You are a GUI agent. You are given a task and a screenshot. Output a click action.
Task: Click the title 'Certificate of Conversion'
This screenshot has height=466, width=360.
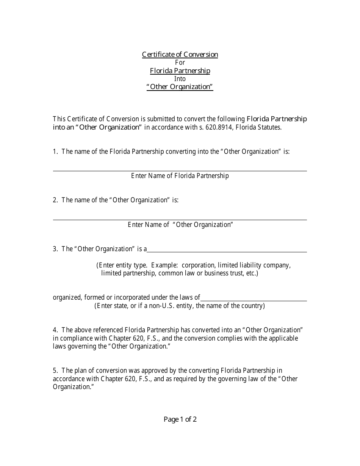click(180, 55)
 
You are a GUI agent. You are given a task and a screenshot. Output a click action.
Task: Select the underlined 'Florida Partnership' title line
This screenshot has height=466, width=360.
click(180, 71)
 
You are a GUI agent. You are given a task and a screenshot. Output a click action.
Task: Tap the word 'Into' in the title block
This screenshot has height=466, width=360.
click(180, 79)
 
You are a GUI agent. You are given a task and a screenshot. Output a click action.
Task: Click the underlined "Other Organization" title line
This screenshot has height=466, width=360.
click(180, 87)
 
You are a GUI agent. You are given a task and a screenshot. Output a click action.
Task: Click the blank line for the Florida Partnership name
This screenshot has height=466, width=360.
click(180, 168)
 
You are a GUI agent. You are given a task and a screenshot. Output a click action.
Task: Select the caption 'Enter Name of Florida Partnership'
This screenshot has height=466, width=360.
click(180, 176)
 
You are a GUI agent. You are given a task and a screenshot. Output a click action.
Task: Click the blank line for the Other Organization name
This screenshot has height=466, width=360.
click(180, 217)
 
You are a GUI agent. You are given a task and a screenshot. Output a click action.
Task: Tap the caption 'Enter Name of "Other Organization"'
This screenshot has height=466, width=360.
click(180, 225)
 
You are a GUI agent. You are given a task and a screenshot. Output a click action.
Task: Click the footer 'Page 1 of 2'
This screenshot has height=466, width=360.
click(180, 419)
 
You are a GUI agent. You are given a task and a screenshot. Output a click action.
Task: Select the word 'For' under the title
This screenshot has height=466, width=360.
click(180, 63)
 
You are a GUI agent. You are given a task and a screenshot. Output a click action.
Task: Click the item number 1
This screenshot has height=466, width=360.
click(55, 152)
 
